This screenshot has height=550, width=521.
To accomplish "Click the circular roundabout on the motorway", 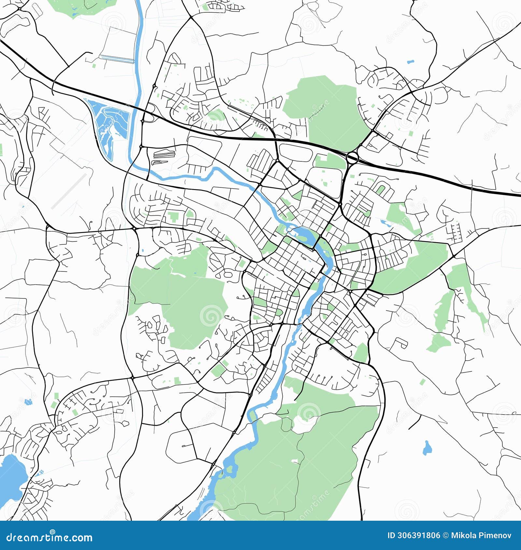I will (352, 158).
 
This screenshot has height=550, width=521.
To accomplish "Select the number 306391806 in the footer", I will (418, 535).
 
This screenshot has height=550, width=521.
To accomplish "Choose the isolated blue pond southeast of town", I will (427, 448).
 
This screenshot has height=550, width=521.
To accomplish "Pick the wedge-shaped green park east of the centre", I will (410, 267).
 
